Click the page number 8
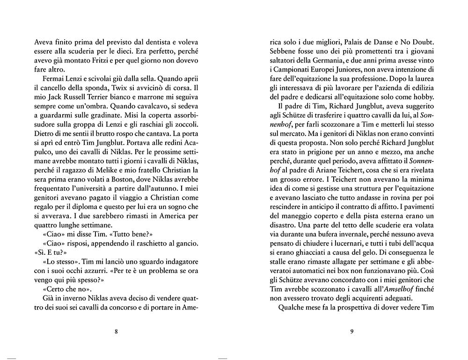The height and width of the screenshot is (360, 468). tap(116, 332)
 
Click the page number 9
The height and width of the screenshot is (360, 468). tap(351, 332)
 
